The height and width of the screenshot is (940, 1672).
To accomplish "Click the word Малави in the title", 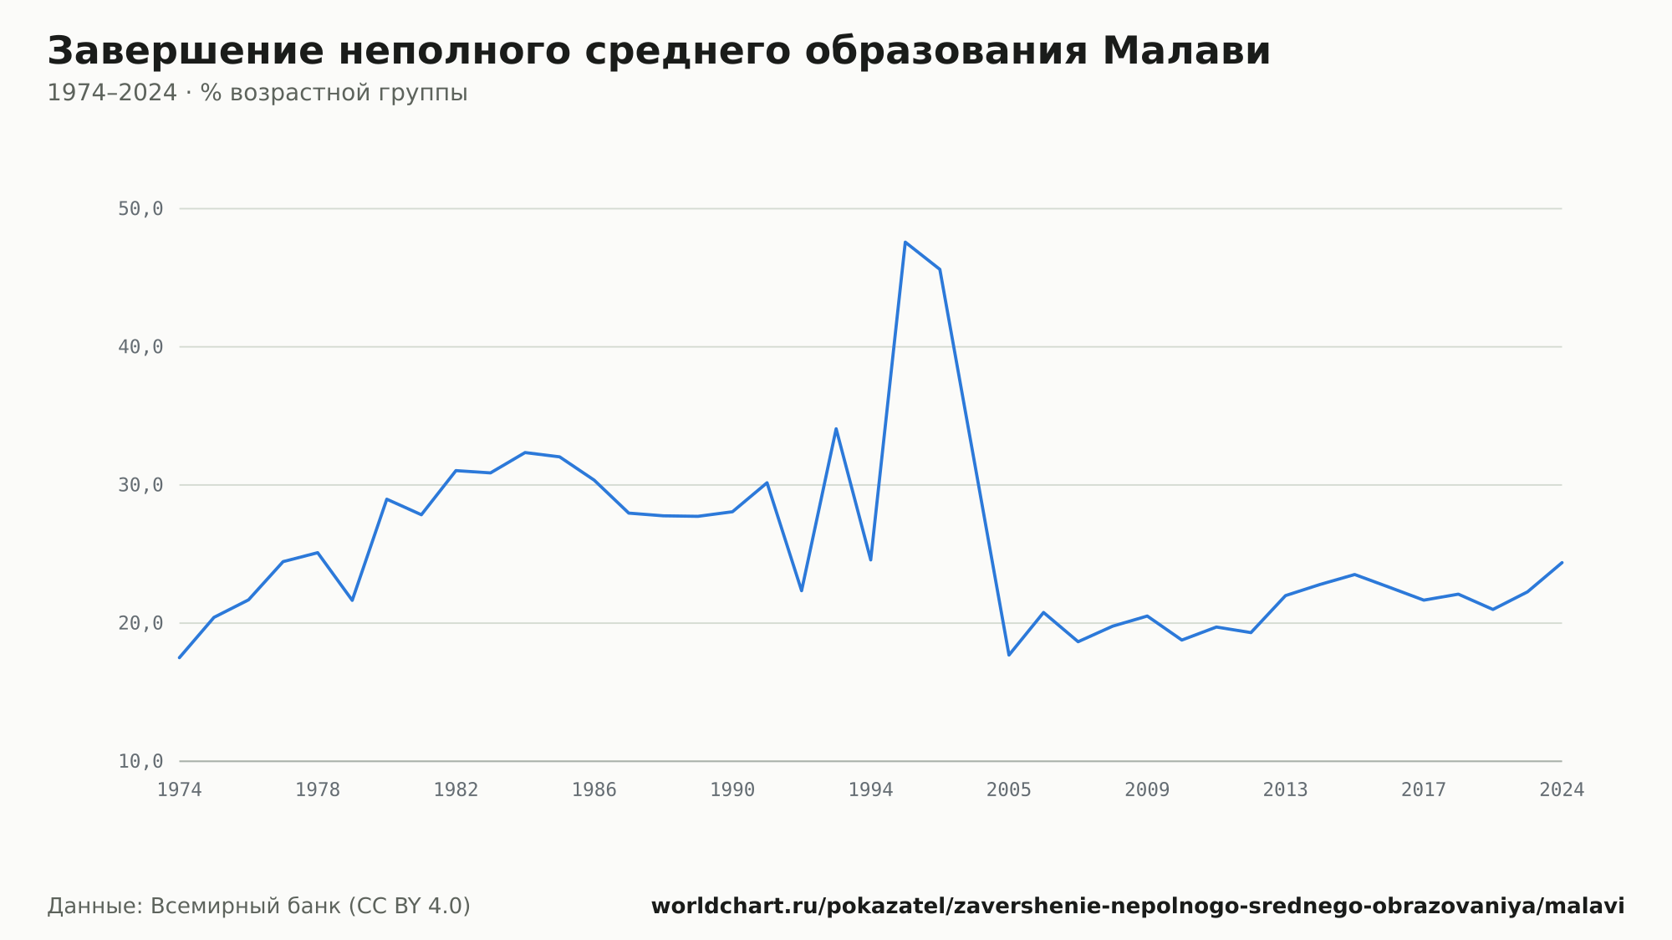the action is tap(1186, 51).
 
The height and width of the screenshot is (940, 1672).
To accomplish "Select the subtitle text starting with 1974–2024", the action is tap(257, 93).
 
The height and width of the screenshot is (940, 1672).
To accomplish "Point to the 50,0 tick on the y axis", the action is tap(140, 209).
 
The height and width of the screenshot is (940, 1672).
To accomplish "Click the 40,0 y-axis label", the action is tap(140, 347).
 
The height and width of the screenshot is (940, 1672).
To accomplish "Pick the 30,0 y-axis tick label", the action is tap(140, 485).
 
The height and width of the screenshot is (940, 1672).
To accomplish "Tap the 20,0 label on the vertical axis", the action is tap(140, 623).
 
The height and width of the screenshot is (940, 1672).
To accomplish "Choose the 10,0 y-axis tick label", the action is tap(140, 761).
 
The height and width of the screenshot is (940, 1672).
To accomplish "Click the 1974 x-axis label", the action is tap(180, 790).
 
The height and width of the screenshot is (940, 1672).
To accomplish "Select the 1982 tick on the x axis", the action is tap(456, 790).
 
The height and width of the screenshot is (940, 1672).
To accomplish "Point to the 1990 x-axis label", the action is tap(732, 790).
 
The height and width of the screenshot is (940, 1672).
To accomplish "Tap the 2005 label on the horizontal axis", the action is tap(1009, 790).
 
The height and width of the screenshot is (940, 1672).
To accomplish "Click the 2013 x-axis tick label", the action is tap(1285, 790).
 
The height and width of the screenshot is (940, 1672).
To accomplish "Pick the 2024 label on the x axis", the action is tap(1562, 790).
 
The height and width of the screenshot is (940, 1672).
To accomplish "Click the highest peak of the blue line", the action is tap(905, 242).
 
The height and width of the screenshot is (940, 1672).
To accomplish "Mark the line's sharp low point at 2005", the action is tap(1009, 655).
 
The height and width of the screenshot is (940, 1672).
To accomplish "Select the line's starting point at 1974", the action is tap(180, 657).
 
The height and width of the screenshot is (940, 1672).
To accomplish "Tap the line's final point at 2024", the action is tap(1562, 563).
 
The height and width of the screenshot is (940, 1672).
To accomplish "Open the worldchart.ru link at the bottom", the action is tap(1138, 907).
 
